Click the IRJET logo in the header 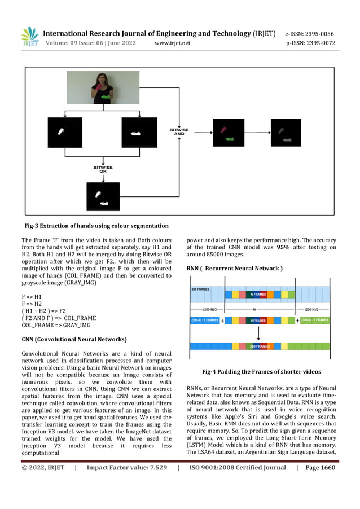pyautogui.click(x=29, y=37)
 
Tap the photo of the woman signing pyautogui.click(x=103, y=87)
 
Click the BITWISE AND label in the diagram pyautogui.click(x=178, y=131)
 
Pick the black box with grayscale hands pyautogui.click(x=286, y=133)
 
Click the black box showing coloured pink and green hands pyautogui.click(x=229, y=133)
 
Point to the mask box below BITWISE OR pyautogui.click(x=103, y=196)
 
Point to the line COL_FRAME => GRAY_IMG pyautogui.click(x=56, y=326)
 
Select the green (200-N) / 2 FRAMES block pyautogui.click(x=315, y=320)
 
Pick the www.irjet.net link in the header pyautogui.click(x=172, y=43)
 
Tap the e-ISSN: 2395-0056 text pyautogui.click(x=310, y=33)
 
